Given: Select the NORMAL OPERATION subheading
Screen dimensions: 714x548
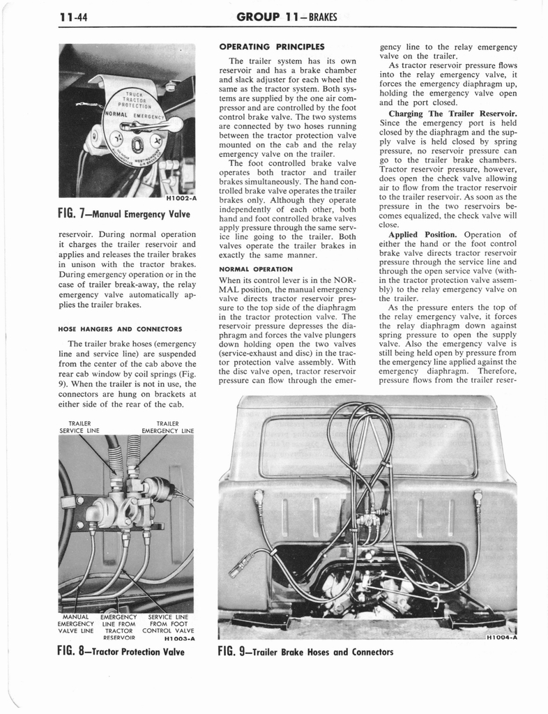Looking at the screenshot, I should point(256,268).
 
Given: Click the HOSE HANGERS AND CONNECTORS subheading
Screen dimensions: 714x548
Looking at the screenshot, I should point(120,328).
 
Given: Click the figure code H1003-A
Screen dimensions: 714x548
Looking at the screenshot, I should point(178,637).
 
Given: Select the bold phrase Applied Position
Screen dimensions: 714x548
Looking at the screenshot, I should point(423,234).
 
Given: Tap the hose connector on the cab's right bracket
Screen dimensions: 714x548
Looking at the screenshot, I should point(478,497).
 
